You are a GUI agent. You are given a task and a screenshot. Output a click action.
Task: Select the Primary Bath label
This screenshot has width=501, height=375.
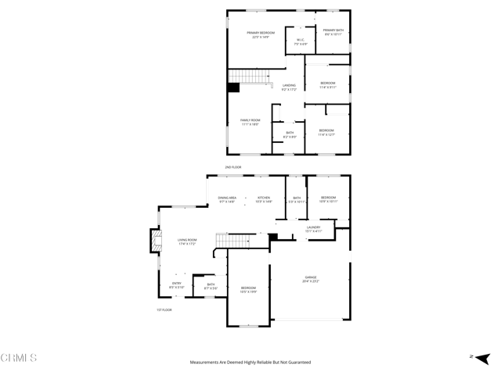pos(333,32)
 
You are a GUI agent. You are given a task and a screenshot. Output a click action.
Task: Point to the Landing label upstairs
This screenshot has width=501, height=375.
pos(289,87)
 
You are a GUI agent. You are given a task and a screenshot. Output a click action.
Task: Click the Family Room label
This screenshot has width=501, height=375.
pos(250,122)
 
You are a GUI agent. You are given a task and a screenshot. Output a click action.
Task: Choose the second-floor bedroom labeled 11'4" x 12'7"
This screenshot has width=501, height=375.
pos(326,132)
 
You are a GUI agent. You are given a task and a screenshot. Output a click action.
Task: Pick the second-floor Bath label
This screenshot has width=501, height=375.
pos(290,134)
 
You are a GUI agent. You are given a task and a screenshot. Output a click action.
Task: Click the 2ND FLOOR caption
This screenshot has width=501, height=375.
pos(233,167)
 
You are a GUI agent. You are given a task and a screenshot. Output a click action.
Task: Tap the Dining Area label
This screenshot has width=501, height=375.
pos(227,199)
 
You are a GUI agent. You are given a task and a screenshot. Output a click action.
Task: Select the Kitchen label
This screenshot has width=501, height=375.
pos(265,199)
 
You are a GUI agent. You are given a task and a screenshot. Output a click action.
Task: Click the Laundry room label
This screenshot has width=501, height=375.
pos(313,229)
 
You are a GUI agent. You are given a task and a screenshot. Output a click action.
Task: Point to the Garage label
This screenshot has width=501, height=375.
pos(311,278)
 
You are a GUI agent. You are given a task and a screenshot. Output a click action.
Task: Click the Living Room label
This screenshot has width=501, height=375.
pos(186,241)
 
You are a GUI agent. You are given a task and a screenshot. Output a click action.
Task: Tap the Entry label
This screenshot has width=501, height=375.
pos(176,285)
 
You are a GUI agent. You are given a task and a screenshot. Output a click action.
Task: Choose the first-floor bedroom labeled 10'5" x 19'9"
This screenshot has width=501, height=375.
pos(248,290)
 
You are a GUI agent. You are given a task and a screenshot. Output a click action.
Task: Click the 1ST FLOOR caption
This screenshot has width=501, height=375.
pos(163,310)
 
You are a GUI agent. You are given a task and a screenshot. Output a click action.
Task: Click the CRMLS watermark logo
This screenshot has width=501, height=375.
pos(19,358)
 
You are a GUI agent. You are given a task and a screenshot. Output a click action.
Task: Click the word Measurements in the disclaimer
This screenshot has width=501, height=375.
pos(206,362)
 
